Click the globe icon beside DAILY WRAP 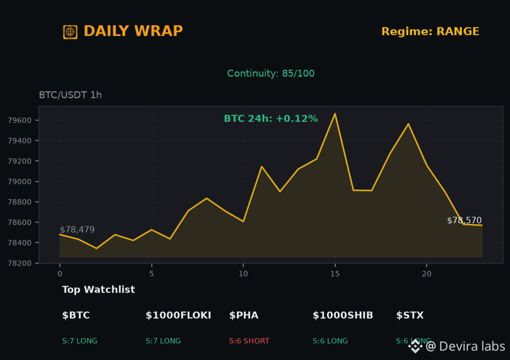(x=70, y=32)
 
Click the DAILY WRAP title (x=133, y=31)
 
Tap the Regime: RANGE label (x=430, y=32)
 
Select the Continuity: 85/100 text (x=271, y=73)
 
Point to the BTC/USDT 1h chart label (x=70, y=95)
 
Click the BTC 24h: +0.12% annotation (x=271, y=119)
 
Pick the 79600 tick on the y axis (x=20, y=121)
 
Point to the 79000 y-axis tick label (x=20, y=182)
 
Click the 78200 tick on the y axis (x=20, y=263)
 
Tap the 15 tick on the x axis (x=335, y=274)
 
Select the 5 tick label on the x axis (x=152, y=274)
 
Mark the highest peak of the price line (x=335, y=113)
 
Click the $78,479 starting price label (x=78, y=230)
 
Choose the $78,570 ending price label (x=464, y=220)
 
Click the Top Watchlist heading (x=98, y=289)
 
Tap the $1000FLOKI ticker (x=178, y=315)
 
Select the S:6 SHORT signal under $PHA (x=249, y=341)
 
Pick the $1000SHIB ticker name (x=343, y=315)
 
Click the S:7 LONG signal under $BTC (x=80, y=341)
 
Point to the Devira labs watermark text (x=472, y=346)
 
